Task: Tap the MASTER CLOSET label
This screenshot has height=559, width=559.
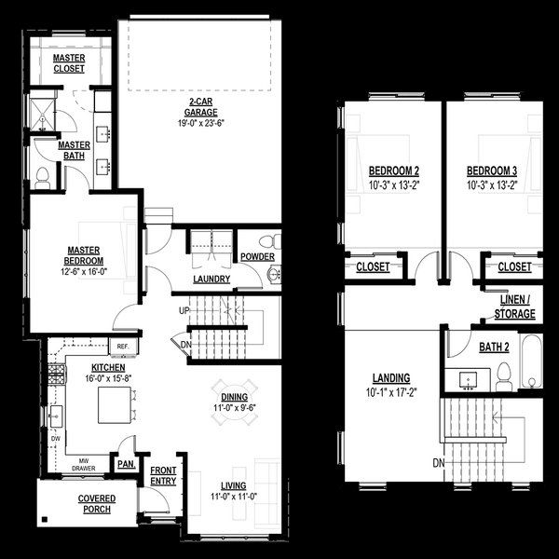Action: (x=69, y=63)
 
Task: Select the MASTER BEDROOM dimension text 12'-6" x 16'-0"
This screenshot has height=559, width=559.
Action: (x=84, y=272)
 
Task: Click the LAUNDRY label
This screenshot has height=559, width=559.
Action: (x=212, y=279)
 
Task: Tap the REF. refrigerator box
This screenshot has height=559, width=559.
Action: (x=122, y=347)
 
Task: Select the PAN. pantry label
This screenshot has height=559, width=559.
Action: (x=124, y=462)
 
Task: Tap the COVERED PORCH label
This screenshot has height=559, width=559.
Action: (x=96, y=504)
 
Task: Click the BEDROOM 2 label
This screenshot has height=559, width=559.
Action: (x=393, y=171)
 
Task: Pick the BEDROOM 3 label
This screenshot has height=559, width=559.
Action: (x=492, y=171)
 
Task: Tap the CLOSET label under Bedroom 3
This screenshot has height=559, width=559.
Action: (x=514, y=266)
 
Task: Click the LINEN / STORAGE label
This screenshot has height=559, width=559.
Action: (x=515, y=307)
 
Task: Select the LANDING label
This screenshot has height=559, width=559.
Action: (x=391, y=377)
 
